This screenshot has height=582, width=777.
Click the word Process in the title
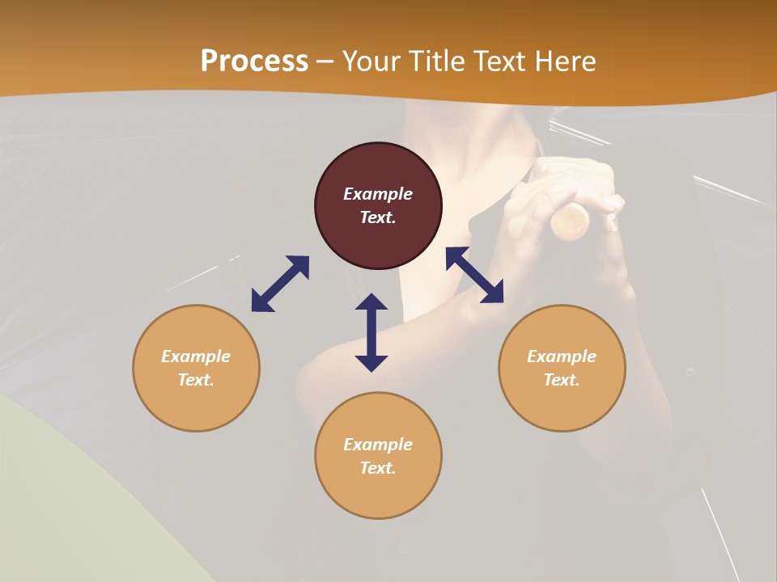click(x=254, y=61)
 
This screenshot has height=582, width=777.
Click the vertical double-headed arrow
click(x=372, y=332)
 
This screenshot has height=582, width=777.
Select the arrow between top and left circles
click(x=280, y=284)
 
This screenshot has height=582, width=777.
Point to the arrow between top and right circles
click(x=474, y=275)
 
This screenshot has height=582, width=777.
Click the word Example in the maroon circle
click(x=378, y=194)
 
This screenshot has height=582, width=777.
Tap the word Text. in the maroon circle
click(x=378, y=217)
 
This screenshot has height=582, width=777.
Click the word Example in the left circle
click(x=196, y=356)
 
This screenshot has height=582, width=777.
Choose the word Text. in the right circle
click(x=562, y=380)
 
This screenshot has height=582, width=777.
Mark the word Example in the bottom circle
click(x=378, y=445)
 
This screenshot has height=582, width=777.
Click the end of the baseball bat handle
click(x=571, y=221)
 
